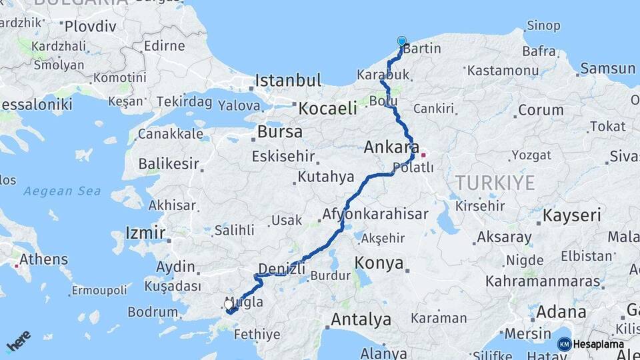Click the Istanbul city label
tap(289, 81)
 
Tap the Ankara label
tap(391, 147)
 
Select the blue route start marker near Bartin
tap(401, 42)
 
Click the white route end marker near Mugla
tap(229, 305)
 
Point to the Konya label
tap(379, 263)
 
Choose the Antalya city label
tap(361, 319)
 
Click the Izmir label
tap(145, 233)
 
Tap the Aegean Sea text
tap(62, 191)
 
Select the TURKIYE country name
tap(496, 183)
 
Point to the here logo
tap(18, 341)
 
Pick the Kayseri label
tap(572, 215)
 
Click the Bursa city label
tap(280, 131)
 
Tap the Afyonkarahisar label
tap(375, 214)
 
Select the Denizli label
tap(281, 269)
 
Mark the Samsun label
tap(607, 68)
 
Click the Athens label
tap(43, 259)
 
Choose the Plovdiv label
tap(90, 27)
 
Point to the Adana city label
tap(561, 311)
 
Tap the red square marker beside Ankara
tap(423, 155)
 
